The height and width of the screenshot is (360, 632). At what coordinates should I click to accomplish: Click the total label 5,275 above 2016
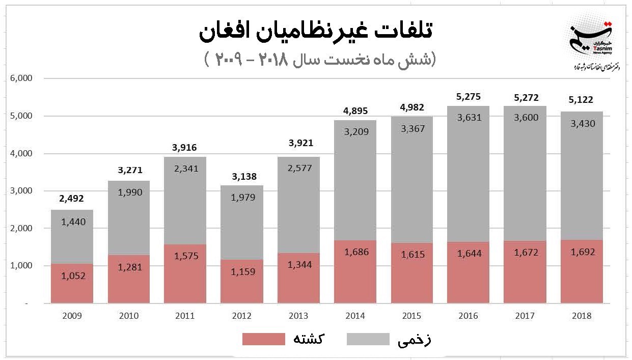pyautogui.click(x=469, y=97)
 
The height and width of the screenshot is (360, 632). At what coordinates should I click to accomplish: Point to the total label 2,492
pyautogui.click(x=72, y=199)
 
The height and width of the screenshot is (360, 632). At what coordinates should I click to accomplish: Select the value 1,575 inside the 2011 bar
pyautogui.click(x=185, y=257)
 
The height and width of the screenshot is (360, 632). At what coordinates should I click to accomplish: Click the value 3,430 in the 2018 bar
pyautogui.click(x=581, y=124)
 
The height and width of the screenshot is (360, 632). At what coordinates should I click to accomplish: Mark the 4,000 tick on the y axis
pyautogui.click(x=21, y=153)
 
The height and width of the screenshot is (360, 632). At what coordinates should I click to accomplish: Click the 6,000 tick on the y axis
pyautogui.click(x=21, y=78)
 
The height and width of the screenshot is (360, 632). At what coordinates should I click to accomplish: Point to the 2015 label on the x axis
pyautogui.click(x=411, y=316)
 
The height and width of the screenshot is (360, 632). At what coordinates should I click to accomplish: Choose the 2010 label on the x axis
pyautogui.click(x=128, y=316)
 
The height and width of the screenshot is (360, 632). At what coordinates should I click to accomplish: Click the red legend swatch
pyautogui.click(x=263, y=339)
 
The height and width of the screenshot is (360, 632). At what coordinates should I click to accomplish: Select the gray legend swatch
pyautogui.click(x=368, y=339)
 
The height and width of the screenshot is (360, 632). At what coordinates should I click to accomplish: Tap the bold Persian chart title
pyautogui.click(x=315, y=32)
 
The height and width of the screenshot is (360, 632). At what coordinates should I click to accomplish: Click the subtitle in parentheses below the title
pyautogui.click(x=320, y=60)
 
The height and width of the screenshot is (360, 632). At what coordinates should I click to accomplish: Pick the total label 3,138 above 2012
pyautogui.click(x=242, y=177)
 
